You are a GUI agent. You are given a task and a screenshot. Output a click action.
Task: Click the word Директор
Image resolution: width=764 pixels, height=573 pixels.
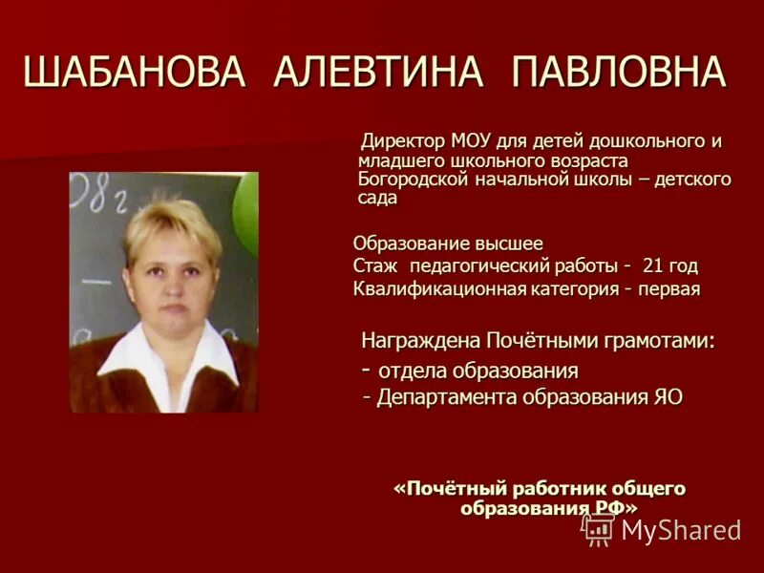401,142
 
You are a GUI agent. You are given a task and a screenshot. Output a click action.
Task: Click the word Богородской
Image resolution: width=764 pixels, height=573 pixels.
411,179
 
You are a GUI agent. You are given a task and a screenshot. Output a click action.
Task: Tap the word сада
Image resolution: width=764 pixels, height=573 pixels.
377,198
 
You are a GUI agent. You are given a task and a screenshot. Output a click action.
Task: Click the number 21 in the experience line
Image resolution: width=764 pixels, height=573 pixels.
654,265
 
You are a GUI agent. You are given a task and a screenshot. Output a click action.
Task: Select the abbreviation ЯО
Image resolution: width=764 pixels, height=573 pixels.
668,396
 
